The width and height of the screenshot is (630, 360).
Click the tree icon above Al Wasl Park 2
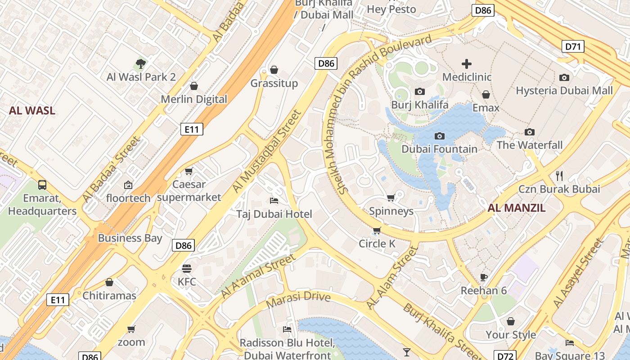point(141,64)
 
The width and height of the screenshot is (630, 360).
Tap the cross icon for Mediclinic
point(467,64)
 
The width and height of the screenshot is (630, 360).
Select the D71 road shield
point(573,46)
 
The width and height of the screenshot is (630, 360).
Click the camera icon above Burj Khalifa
point(419,92)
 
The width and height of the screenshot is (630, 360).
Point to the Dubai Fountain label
point(439,149)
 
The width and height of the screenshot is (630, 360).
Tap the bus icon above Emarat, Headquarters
point(42,184)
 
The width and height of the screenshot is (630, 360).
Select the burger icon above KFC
point(187,269)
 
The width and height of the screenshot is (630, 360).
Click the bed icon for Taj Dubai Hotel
point(274,200)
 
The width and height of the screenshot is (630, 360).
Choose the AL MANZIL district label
point(517,208)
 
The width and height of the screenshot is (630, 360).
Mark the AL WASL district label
point(32,111)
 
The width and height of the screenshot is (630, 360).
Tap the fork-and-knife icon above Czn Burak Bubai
point(559,175)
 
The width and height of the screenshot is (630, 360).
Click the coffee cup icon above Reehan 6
point(484,277)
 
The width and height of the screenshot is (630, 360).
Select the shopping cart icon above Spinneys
point(391,198)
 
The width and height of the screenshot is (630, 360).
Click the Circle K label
point(377,244)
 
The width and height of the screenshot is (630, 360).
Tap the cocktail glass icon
point(407,352)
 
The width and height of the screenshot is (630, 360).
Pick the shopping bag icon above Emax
point(486,94)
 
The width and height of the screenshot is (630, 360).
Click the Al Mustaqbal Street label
point(266,153)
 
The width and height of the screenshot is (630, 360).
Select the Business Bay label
point(130,238)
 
